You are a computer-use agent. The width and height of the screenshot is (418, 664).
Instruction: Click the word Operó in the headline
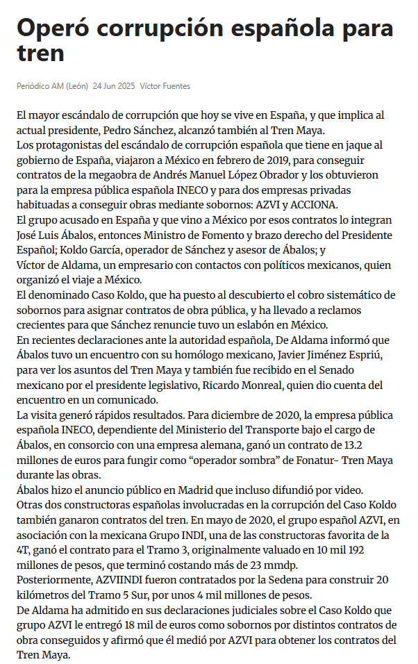click(x=53, y=28)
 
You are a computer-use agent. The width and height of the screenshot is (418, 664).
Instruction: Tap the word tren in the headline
click(x=40, y=53)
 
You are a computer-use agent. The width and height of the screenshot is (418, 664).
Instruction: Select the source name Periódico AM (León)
click(x=52, y=86)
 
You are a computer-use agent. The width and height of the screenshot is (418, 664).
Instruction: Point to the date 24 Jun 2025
click(x=114, y=86)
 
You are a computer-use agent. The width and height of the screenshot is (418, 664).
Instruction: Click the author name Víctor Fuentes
click(x=165, y=86)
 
